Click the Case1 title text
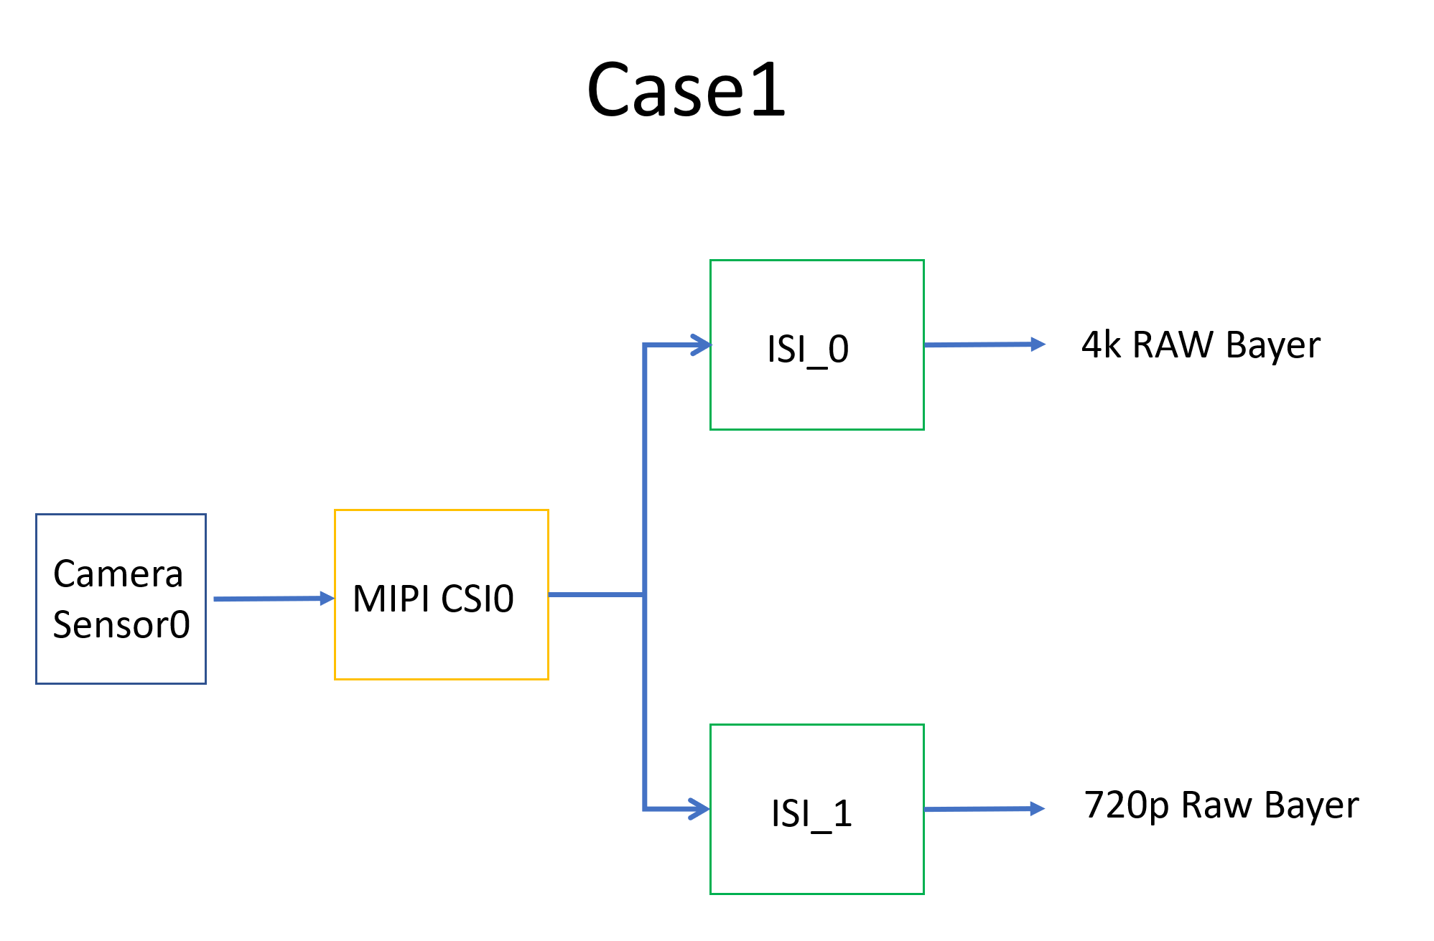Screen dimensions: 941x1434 [686, 90]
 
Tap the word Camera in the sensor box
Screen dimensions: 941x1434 [118, 574]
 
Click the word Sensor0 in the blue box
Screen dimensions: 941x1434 [121, 624]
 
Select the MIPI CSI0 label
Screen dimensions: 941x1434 [433, 599]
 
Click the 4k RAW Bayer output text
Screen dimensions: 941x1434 [1201, 345]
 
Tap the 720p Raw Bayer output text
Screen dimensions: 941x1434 [1221, 805]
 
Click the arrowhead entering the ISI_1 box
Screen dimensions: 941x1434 [700, 810]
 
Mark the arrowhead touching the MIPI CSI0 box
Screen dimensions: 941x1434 [327, 598]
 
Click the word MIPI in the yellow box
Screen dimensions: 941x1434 [391, 599]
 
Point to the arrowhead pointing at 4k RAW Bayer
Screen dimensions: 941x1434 [1038, 345]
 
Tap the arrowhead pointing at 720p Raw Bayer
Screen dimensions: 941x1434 [1037, 809]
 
